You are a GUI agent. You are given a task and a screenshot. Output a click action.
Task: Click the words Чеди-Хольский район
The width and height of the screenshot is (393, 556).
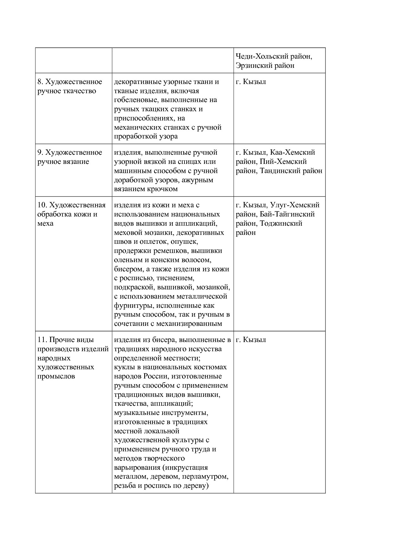[274, 56]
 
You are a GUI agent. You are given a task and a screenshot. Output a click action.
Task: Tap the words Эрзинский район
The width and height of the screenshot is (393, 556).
[265, 66]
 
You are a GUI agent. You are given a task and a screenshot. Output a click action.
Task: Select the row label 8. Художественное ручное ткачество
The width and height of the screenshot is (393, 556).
[70, 87]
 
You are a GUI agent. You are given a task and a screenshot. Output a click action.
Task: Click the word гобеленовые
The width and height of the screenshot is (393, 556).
[136, 100]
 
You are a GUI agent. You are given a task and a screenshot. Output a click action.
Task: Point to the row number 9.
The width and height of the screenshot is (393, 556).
[40, 152]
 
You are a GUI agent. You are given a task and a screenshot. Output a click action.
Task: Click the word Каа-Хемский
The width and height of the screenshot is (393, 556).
[293, 152]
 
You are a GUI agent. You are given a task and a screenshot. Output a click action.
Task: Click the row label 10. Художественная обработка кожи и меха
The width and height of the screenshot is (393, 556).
[71, 214]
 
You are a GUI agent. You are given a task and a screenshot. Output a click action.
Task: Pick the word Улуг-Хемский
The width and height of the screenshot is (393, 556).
[295, 205]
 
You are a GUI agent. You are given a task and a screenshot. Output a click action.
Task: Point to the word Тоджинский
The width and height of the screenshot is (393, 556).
[281, 223]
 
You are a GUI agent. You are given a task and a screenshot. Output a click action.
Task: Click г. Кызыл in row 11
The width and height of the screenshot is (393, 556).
[251, 340]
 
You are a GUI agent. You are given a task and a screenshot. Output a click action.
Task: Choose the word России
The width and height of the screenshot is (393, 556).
[155, 376]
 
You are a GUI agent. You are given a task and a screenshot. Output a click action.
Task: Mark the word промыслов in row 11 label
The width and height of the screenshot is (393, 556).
[56, 376]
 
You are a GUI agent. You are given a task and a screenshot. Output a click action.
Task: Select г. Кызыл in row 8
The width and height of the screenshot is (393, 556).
[251, 82]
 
